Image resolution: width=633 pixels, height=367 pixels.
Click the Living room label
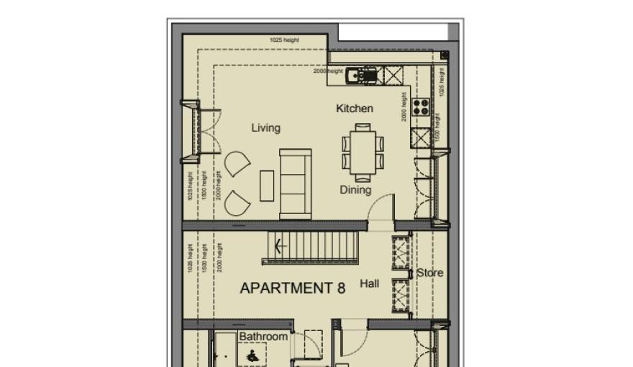(x=265, y=128)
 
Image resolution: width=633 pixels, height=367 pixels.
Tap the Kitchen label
(x=355, y=109)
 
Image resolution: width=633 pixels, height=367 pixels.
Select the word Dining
(x=355, y=190)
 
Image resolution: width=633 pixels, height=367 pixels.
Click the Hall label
(x=370, y=284)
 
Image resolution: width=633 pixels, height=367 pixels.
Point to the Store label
(x=430, y=273)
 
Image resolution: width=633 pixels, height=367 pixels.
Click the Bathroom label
(x=263, y=336)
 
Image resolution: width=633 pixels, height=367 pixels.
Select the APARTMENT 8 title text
(x=292, y=289)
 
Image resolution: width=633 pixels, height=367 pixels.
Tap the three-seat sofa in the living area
(x=294, y=183)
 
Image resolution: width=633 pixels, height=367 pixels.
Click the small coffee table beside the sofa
(x=267, y=185)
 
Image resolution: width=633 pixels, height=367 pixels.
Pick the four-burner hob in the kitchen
(x=422, y=108)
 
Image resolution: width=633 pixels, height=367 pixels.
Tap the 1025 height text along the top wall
(x=285, y=40)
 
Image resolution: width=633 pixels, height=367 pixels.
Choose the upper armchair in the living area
(x=237, y=164)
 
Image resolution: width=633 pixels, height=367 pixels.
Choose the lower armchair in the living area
(x=237, y=202)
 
